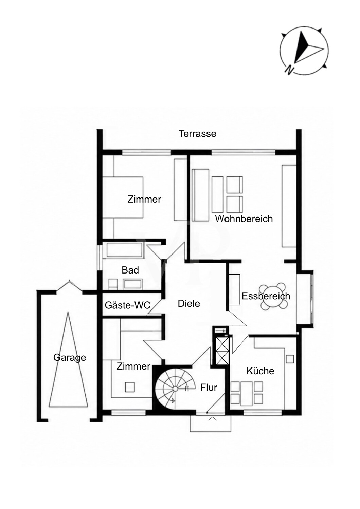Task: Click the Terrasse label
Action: click(x=197, y=134)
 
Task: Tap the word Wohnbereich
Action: click(x=244, y=219)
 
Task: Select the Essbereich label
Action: click(x=266, y=296)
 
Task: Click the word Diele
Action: click(x=189, y=304)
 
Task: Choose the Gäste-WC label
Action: click(x=128, y=305)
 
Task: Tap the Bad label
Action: click(x=130, y=270)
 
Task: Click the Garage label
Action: click(x=70, y=358)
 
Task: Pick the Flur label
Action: click(x=209, y=388)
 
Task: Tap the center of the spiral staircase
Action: click(x=175, y=389)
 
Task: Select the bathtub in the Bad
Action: click(x=123, y=250)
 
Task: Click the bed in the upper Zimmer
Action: click(x=123, y=197)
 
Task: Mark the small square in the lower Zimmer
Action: click(x=130, y=387)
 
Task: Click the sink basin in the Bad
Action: click(x=133, y=284)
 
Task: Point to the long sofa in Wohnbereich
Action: click(x=200, y=195)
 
